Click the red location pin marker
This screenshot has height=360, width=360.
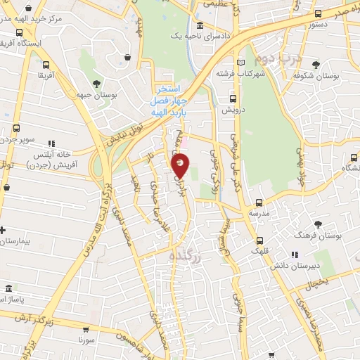pos(181,165)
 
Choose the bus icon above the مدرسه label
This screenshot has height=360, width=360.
pos(259,202)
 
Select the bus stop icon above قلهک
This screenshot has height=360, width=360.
pos(260,239)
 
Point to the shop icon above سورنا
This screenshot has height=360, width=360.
pos(86,328)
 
